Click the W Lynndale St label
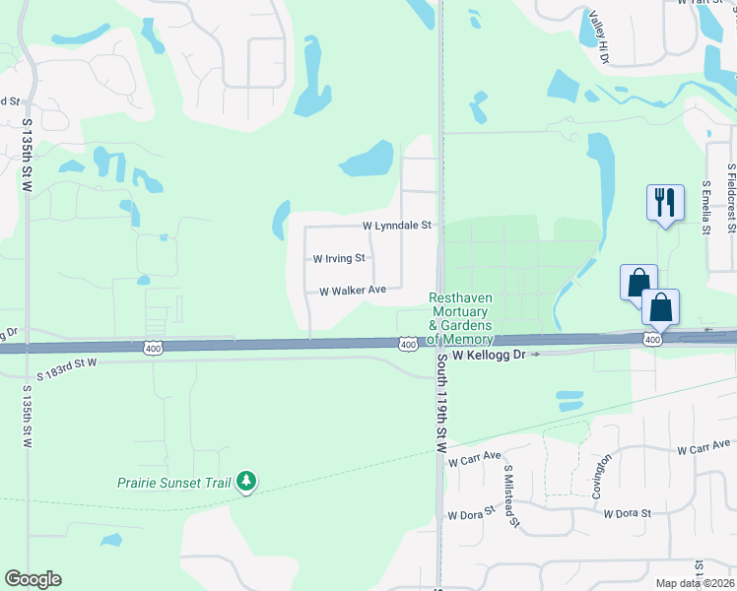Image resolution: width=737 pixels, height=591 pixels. [397, 226]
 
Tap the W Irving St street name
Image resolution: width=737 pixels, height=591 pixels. [339, 259]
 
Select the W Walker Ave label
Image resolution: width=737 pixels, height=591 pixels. [352, 291]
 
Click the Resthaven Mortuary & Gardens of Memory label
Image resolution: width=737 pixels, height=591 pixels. [460, 311]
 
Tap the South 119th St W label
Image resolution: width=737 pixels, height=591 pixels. [442, 403]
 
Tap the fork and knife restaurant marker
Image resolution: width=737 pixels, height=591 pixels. [665, 203]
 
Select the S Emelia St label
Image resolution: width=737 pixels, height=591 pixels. [705, 208]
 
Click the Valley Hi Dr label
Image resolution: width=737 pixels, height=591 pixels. [599, 36]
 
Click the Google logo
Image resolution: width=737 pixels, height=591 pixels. [33, 579]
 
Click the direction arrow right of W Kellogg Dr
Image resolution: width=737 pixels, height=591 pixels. [535, 353]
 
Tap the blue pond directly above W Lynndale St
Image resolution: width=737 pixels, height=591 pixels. [367, 158]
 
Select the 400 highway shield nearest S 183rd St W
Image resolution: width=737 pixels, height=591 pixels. [152, 348]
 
